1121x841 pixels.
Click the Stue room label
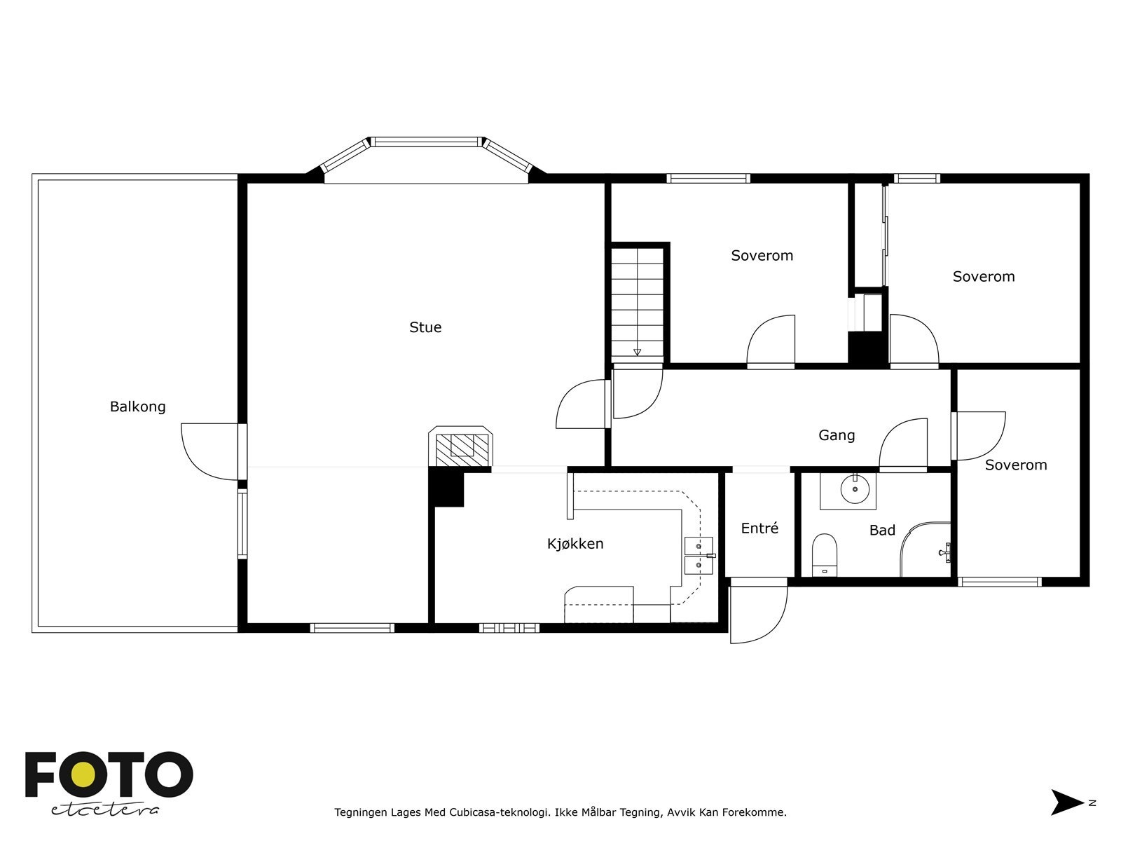coord(425,327)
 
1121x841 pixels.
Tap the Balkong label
coord(138,407)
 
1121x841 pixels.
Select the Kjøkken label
coord(575,544)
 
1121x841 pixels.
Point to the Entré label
coord(759,528)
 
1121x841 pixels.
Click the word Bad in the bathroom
coord(882,531)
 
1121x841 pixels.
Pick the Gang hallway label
coord(837,435)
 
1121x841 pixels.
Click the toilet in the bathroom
coord(824,555)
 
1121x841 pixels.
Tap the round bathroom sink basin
coord(855,489)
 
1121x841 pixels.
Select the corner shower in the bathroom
coord(926,549)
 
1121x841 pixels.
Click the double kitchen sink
coord(699,556)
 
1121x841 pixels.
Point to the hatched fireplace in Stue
coord(460,446)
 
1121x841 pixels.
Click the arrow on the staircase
coord(637,353)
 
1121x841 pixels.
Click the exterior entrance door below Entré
coord(759,610)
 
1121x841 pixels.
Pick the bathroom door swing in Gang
coord(903,443)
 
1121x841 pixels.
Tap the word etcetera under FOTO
coord(105,810)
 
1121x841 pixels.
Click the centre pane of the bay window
coord(427,142)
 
